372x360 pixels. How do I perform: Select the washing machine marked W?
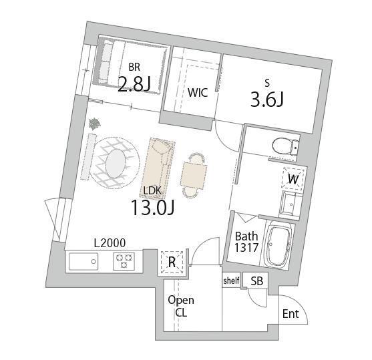click(x=293, y=179)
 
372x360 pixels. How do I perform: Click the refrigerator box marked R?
click(x=172, y=262)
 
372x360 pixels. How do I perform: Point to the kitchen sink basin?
click(x=83, y=261)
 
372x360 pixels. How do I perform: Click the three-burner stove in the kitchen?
click(x=124, y=261)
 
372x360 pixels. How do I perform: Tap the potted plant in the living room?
click(x=94, y=124)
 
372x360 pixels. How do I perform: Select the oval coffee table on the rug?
click(x=116, y=163)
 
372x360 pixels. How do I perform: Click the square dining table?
click(x=194, y=175)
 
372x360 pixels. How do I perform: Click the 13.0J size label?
click(x=152, y=207)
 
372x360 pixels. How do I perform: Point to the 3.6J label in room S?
click(x=267, y=100)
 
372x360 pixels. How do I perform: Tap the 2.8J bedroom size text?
click(x=134, y=84)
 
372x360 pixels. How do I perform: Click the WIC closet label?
click(x=198, y=93)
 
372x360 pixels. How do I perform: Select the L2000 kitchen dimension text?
click(x=110, y=243)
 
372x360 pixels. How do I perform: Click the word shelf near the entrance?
click(x=231, y=281)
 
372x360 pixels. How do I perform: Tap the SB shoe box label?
click(x=257, y=281)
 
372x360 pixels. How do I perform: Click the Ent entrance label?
click(x=291, y=314)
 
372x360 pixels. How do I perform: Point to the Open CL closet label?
click(x=181, y=307)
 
